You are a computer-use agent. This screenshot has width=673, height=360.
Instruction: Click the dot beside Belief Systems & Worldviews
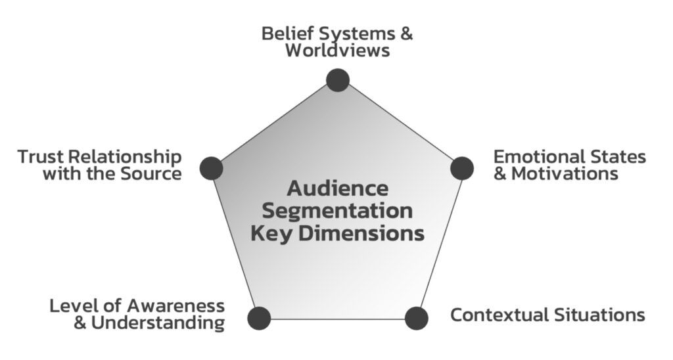click(x=338, y=80)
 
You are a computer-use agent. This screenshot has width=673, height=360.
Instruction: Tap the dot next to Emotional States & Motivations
click(x=462, y=168)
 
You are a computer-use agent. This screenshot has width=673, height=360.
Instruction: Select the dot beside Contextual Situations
click(x=416, y=318)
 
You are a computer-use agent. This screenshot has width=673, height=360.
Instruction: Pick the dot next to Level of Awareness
click(x=259, y=318)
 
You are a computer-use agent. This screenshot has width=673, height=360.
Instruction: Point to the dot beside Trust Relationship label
click(x=212, y=168)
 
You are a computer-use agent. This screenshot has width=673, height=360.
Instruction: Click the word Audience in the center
click(x=337, y=189)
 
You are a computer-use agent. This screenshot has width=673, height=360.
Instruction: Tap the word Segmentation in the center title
click(x=337, y=211)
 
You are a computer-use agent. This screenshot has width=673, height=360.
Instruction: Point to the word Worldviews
click(x=337, y=51)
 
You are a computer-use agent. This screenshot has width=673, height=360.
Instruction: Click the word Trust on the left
click(x=41, y=157)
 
